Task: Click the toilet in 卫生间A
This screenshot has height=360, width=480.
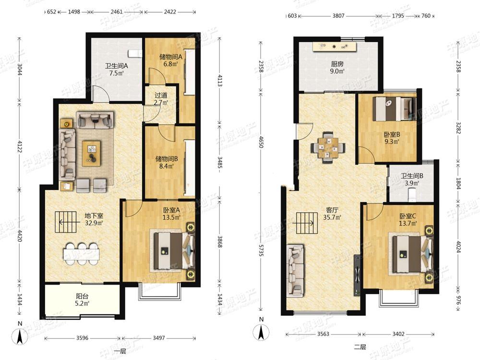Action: click(x=135, y=53)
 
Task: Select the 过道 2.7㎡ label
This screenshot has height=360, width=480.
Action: click(x=161, y=99)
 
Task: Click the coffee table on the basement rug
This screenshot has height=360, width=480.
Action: click(x=91, y=154)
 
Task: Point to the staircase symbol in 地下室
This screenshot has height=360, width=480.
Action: click(x=65, y=222)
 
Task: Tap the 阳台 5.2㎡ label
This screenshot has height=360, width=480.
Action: click(x=83, y=300)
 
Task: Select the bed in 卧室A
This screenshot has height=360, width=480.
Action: click(x=173, y=251)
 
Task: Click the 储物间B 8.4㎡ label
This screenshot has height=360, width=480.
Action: click(x=167, y=163)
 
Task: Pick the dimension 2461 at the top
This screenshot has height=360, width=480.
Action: click(x=117, y=12)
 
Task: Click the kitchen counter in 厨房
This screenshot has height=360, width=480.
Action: click(x=335, y=47)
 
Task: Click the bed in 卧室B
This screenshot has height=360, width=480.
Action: click(x=394, y=108)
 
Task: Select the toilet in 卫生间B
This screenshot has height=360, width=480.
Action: click(x=413, y=195)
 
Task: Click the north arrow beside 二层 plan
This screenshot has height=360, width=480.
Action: click(x=261, y=332)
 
